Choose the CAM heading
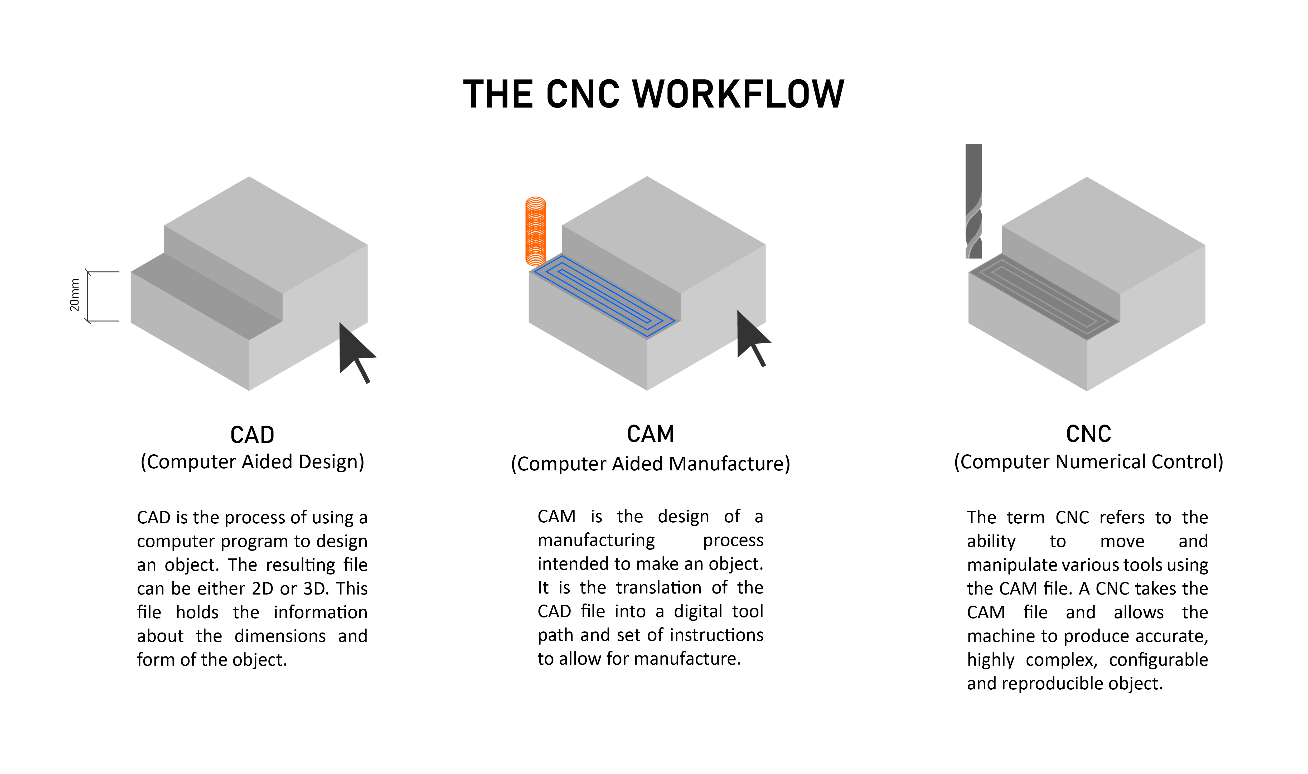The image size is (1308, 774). (x=650, y=434)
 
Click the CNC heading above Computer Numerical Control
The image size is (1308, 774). (x=1088, y=434)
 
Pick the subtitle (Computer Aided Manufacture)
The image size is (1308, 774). (x=650, y=464)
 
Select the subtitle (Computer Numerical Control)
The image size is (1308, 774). (x=1088, y=462)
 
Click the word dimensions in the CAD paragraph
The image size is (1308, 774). (x=280, y=636)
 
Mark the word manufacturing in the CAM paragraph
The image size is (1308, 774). (x=596, y=540)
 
